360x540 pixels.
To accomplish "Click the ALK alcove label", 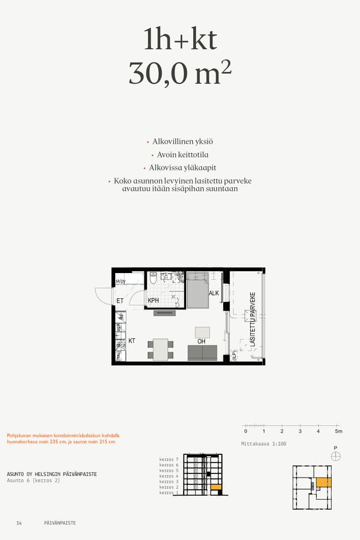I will pos(214,293).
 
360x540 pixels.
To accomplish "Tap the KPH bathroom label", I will pos(153,301).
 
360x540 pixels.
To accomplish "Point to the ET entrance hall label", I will pos(120,301).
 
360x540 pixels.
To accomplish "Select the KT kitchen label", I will pos(131,341).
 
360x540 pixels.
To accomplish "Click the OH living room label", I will pos(202,341).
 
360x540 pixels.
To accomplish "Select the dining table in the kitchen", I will pos(160,349).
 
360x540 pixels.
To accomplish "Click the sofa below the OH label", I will pos(202,353).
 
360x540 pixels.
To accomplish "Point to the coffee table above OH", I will pos(203,332).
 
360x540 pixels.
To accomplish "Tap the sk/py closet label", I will pos(120,281).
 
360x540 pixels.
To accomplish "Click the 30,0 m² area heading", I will pos(179,73).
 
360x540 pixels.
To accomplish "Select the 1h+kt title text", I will pos(179,40).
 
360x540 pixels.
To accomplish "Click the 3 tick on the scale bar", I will pos(300,431).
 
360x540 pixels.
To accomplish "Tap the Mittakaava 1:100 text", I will pos(263,443).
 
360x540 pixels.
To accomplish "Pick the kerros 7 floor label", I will pos(169,460).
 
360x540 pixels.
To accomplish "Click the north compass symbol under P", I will pos(335,457).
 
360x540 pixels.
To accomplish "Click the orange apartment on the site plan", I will pos(324,482).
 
